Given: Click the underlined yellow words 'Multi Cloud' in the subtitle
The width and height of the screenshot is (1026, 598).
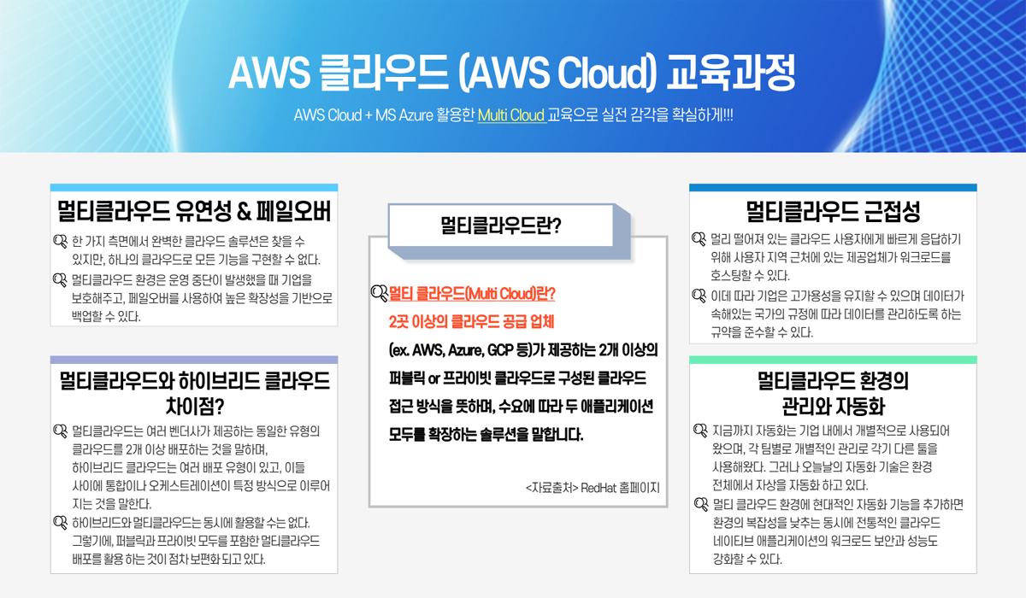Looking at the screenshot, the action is [x=511, y=115].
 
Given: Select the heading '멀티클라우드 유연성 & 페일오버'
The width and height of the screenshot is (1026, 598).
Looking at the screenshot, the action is [x=194, y=211].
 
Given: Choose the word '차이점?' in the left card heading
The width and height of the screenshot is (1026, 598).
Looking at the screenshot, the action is [x=194, y=402].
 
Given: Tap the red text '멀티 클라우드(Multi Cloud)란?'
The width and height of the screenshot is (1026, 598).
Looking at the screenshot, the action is [x=472, y=295].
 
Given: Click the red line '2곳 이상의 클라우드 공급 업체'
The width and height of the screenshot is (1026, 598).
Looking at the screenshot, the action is [x=471, y=322].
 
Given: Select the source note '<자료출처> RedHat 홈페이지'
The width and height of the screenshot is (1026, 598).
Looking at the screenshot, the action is [x=593, y=488].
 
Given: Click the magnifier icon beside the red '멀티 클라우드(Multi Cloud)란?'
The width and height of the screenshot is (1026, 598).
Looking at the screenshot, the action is [x=379, y=295].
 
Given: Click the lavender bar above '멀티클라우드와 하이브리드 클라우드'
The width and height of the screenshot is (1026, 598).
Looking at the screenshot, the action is [x=194, y=360].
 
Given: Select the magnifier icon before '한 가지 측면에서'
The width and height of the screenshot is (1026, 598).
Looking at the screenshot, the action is [x=60, y=240].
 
